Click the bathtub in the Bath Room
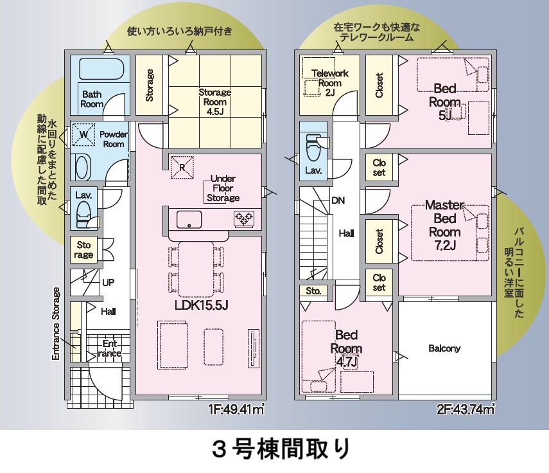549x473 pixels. [99, 69]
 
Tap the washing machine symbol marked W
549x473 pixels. [83, 135]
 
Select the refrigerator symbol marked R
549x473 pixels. [181, 166]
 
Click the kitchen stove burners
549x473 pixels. [243, 219]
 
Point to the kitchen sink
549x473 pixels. [189, 219]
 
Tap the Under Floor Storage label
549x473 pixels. [223, 188]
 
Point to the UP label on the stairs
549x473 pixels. [109, 281]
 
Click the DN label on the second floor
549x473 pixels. [338, 200]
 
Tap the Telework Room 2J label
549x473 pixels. [329, 82]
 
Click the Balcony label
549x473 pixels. [444, 348]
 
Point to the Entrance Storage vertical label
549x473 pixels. [57, 323]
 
